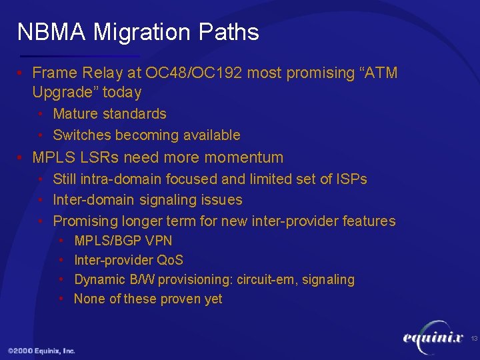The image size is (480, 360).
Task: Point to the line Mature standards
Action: (x=109, y=114)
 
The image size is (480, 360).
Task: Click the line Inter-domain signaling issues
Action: (x=147, y=199)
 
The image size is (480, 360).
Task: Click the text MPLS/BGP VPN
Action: (x=123, y=241)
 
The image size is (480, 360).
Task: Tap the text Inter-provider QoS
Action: (x=128, y=260)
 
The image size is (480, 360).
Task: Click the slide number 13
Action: (x=474, y=339)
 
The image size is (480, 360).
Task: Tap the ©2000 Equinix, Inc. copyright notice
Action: (x=41, y=351)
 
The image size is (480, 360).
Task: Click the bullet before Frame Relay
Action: (x=22, y=73)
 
